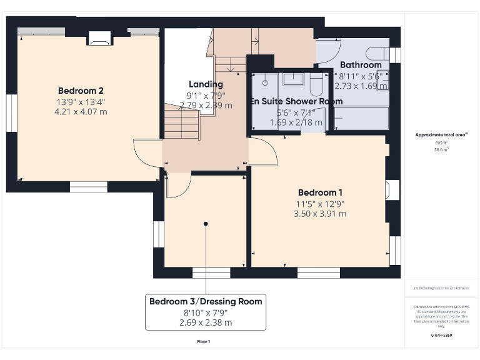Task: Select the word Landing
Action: tap(206, 84)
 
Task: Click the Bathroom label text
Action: tap(361, 65)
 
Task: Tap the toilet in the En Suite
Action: tap(316, 81)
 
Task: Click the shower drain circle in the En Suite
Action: tap(265, 81)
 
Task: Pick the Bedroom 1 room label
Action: tap(320, 192)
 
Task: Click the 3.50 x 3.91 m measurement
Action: tap(320, 214)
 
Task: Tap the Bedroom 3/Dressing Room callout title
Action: tap(206, 302)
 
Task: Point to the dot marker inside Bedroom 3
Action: tap(206, 223)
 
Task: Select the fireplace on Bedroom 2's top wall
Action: tap(98, 39)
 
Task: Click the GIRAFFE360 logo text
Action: tap(441, 336)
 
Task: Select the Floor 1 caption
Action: tap(203, 341)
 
